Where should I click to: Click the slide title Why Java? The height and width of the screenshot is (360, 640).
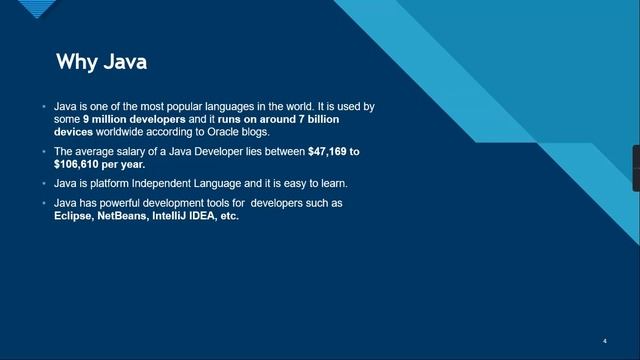101,62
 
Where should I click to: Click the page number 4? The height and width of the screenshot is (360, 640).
605,340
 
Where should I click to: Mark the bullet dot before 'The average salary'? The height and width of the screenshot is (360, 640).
44,151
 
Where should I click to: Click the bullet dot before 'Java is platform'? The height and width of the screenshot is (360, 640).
44,184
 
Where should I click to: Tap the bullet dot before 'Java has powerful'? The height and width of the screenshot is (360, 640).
44,203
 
